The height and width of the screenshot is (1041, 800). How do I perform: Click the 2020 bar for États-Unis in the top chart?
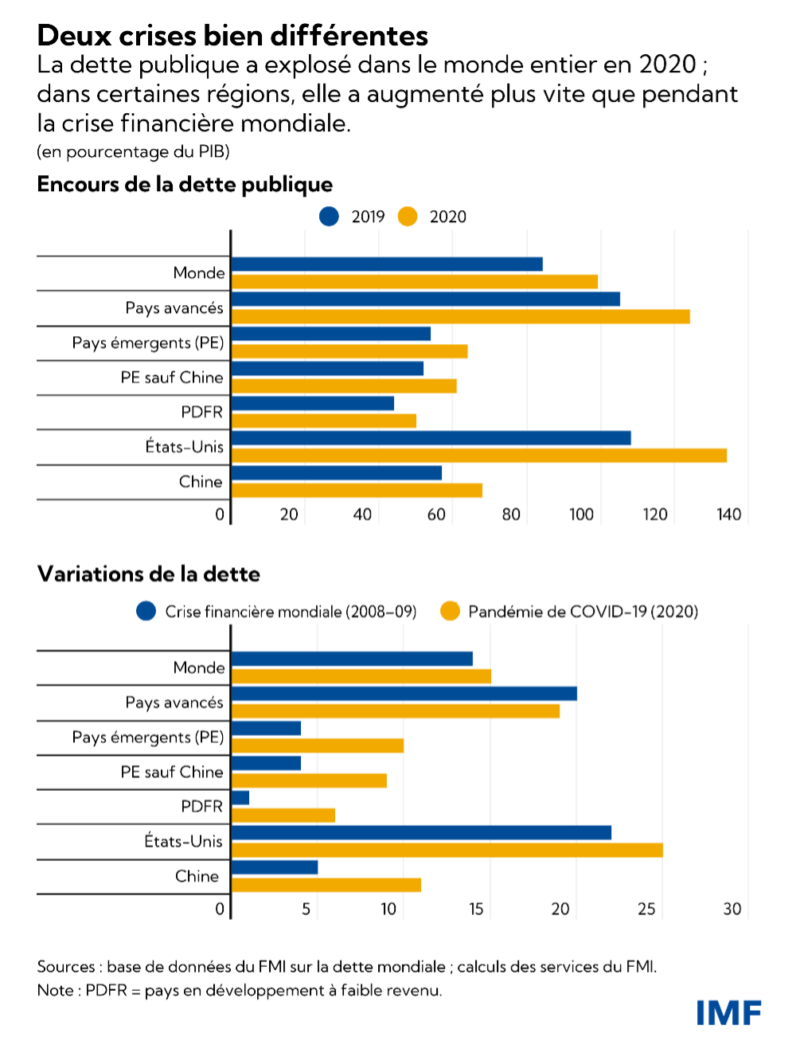click(478, 456)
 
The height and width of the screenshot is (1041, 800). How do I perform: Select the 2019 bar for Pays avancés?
click(425, 299)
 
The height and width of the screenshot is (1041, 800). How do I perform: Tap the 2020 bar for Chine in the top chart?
click(357, 491)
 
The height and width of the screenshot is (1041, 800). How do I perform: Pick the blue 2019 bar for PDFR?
click(312, 403)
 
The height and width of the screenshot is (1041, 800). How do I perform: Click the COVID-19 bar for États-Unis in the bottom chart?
click(447, 851)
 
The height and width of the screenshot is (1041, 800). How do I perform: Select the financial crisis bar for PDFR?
click(240, 798)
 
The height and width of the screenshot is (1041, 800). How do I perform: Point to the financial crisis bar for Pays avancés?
click(404, 694)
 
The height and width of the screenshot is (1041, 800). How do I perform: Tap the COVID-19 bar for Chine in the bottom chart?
click(326, 885)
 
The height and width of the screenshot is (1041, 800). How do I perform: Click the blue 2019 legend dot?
click(329, 217)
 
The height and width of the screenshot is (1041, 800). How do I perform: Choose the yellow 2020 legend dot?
click(408, 217)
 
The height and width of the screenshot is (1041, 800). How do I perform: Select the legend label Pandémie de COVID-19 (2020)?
click(583, 612)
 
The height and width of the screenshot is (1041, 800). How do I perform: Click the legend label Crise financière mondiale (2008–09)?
click(291, 612)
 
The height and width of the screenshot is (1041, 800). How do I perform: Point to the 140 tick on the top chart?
click(728, 515)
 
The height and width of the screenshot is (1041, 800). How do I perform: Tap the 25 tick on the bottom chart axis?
click(648, 909)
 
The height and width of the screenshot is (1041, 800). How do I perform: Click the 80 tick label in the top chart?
click(511, 515)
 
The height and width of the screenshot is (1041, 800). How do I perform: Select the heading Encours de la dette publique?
click(185, 184)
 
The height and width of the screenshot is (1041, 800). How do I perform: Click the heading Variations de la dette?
click(148, 573)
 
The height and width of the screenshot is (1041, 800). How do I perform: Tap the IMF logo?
click(728, 1012)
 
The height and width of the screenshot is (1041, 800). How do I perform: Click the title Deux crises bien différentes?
click(232, 35)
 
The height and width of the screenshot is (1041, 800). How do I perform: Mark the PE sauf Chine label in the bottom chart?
click(172, 772)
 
